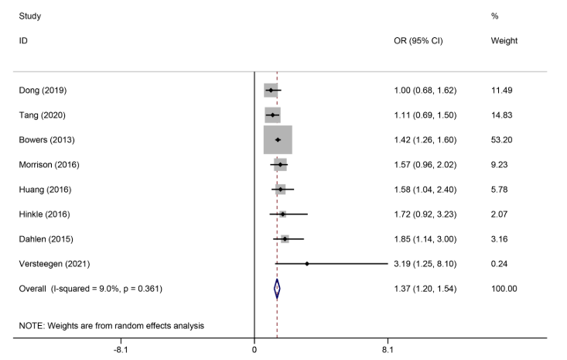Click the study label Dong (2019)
43,91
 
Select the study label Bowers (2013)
46,140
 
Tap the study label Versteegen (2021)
53,264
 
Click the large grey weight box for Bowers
278,140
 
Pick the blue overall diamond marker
277,289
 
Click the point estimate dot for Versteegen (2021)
307,264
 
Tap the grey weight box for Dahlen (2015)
285,239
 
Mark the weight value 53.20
503,140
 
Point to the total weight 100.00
504,289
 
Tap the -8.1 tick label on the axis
121,350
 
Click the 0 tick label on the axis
254,350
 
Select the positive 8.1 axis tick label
387,350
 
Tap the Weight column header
504,40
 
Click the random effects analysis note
111,326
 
